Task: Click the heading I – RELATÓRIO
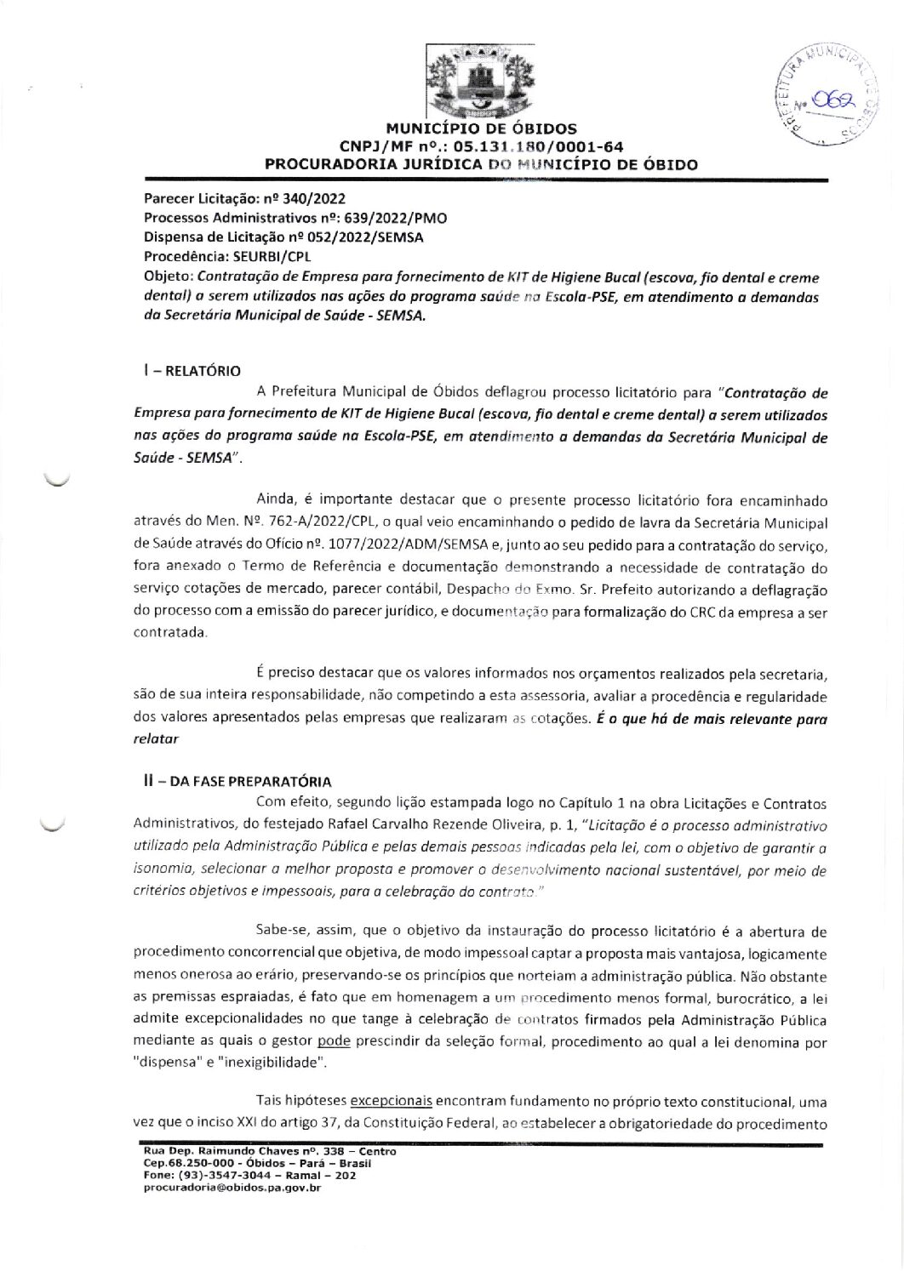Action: [x=192, y=371]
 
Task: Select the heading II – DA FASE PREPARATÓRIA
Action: [x=237, y=781]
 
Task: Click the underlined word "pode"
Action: [x=328, y=1041]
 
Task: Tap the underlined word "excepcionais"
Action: [x=392, y=1100]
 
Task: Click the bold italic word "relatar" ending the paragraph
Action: [x=156, y=738]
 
